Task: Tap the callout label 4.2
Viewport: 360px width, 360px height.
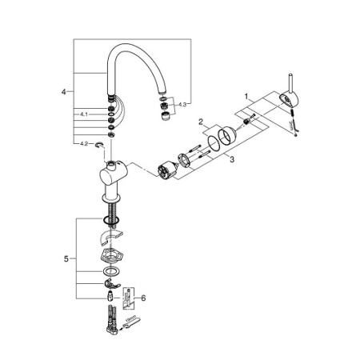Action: (x=82, y=144)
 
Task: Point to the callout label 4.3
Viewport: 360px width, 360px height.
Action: (x=183, y=104)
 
